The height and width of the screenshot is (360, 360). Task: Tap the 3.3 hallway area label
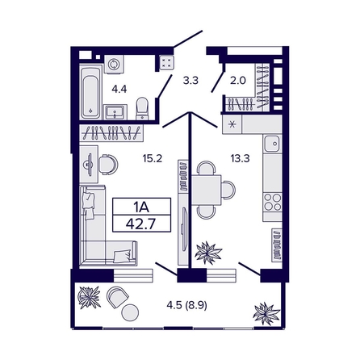click(190, 80)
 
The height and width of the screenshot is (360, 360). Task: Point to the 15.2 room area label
click(153, 159)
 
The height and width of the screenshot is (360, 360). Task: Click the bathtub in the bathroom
click(89, 93)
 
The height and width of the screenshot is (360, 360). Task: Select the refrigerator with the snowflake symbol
click(233, 124)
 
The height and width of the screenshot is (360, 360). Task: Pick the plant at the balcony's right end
click(264, 312)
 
